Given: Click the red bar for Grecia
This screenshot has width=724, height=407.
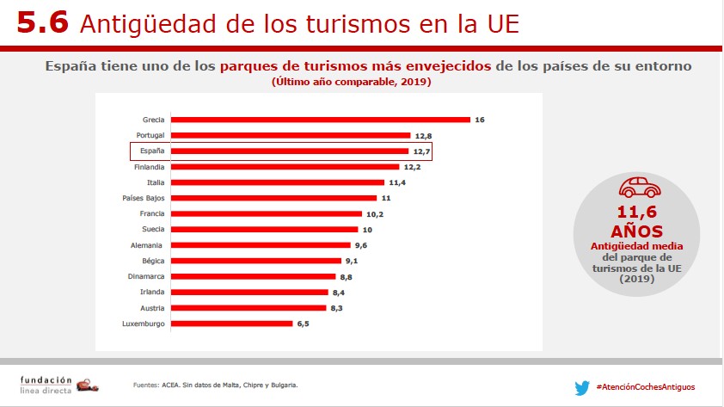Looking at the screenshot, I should [321, 120].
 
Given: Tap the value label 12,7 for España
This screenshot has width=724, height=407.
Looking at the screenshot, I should [420, 151].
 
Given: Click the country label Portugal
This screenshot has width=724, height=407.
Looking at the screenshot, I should [150, 135].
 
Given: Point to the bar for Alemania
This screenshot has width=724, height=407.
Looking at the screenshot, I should [261, 245].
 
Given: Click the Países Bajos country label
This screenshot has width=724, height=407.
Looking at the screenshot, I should [144, 198].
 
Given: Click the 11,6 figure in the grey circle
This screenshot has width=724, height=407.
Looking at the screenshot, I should [637, 212].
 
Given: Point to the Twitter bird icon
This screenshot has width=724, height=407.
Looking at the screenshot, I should [582, 387].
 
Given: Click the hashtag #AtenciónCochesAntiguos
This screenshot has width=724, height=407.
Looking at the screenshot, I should [645, 387].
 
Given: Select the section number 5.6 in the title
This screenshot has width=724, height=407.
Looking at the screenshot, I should [41, 23].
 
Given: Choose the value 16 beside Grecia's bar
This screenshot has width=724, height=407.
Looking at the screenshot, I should [480, 120].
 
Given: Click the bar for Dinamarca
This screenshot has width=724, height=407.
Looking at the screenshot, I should [254, 276].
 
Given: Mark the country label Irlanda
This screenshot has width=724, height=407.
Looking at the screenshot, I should [152, 293].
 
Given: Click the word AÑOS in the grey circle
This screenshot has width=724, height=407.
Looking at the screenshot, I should [637, 231].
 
